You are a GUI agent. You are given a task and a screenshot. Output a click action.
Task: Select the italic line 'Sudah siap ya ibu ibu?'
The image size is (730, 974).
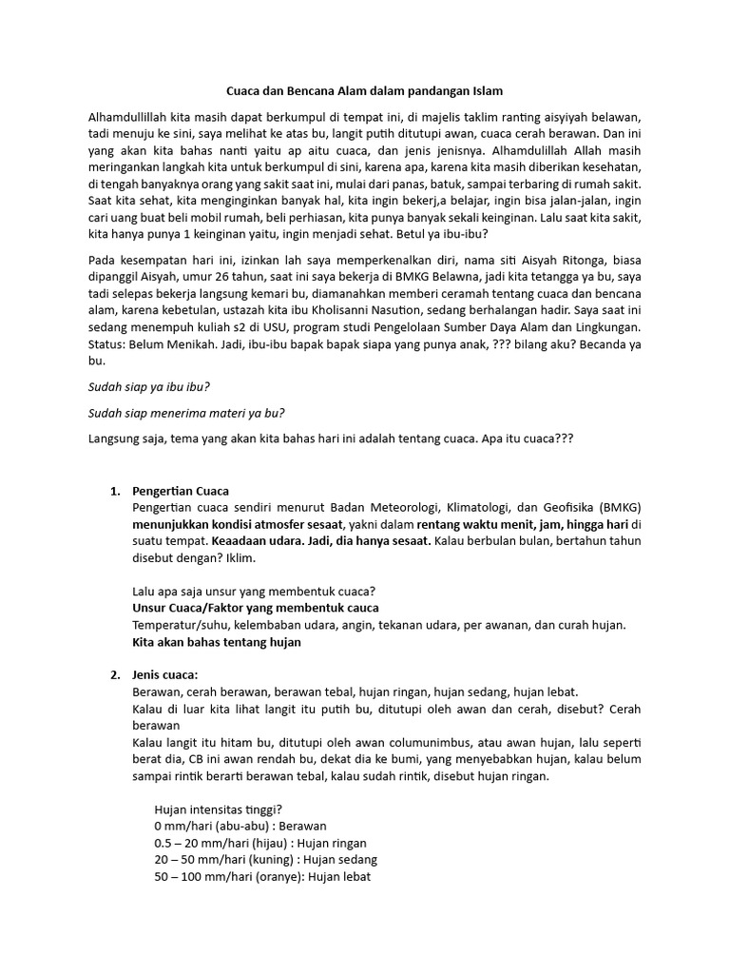pyautogui.click(x=148, y=387)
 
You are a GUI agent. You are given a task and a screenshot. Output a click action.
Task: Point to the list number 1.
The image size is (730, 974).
pyautogui.click(x=114, y=492)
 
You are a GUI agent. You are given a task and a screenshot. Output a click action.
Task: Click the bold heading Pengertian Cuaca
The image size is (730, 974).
pyautogui.click(x=180, y=492)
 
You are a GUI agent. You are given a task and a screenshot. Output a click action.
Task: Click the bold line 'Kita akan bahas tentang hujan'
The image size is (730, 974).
pyautogui.click(x=216, y=642)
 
